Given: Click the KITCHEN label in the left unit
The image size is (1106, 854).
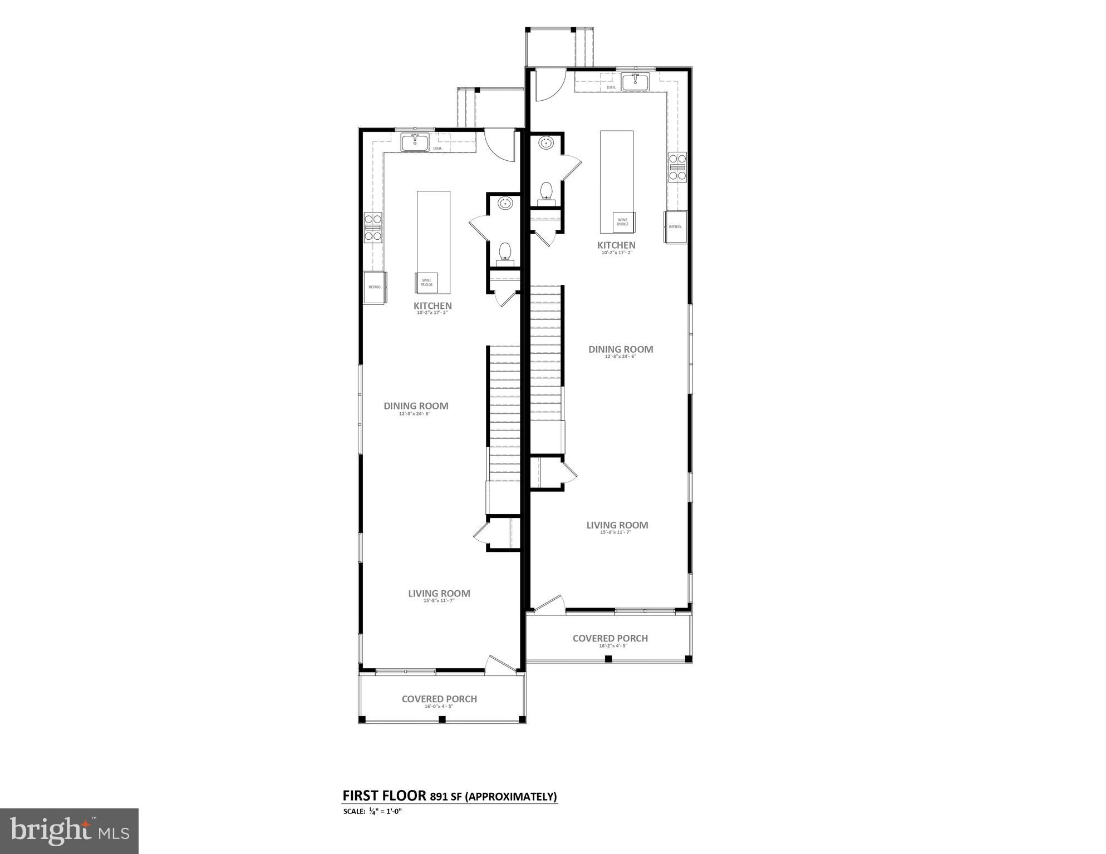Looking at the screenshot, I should click(x=432, y=305).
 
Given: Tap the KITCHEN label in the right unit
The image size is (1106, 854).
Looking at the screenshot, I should click(x=616, y=245).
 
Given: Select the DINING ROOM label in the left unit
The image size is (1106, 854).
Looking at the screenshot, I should click(x=416, y=406).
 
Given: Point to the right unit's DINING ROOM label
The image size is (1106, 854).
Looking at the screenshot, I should click(x=621, y=349).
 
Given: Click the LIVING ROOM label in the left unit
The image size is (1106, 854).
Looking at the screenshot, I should click(x=439, y=594).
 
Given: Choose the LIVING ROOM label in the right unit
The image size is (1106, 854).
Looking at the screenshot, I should click(x=617, y=525).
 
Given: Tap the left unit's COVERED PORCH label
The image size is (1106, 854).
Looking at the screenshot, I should click(x=439, y=699).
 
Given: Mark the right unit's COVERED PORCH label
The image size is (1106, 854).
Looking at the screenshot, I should click(x=610, y=639).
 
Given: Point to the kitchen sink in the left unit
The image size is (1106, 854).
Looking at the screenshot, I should click(x=415, y=142).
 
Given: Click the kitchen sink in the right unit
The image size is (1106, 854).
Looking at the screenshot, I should click(x=635, y=82).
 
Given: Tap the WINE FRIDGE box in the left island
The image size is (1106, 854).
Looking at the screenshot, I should click(x=426, y=283).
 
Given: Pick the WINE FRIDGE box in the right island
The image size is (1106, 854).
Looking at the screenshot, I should click(x=622, y=222).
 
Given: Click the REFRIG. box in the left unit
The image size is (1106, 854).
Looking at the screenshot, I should click(x=375, y=287).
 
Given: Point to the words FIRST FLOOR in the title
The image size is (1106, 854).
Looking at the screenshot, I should click(x=384, y=796).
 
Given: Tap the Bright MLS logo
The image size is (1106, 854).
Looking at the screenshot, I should click(x=69, y=831).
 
